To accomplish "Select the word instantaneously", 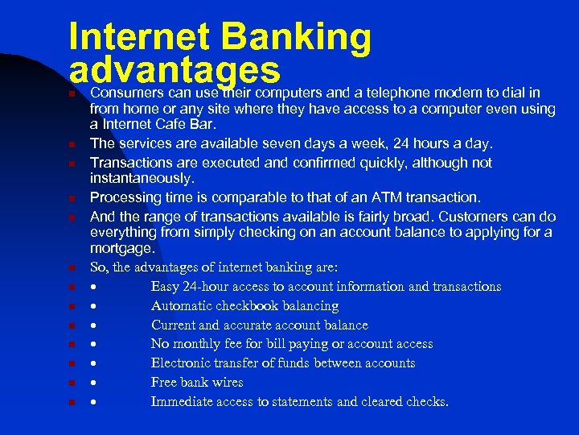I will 142,178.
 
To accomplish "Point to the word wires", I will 227,383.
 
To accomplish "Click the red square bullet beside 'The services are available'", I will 72,144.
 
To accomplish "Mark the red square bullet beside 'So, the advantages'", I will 72,268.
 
